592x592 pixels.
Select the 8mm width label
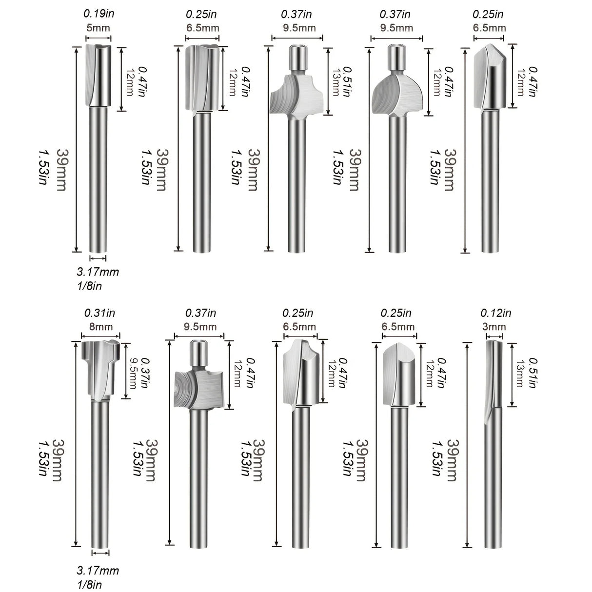click(x=100, y=326)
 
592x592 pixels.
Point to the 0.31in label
click(x=100, y=313)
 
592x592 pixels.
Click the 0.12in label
click(x=496, y=313)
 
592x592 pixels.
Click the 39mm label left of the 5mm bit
click(x=62, y=169)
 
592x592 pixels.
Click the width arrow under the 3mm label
click(x=496, y=335)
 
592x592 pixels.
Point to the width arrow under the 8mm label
click(x=100, y=335)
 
